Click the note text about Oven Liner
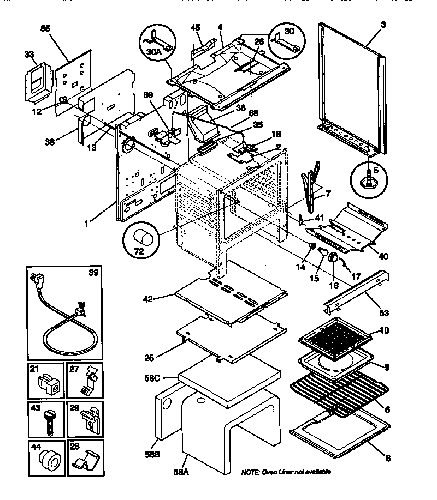tap(286, 472)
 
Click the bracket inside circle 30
tap(287, 43)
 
